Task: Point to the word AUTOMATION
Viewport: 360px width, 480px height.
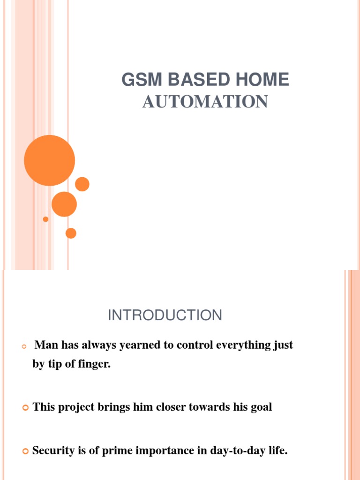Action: [x=205, y=102]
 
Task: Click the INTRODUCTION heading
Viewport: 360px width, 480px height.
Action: [x=165, y=315]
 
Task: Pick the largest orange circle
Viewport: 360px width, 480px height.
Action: [x=49, y=160]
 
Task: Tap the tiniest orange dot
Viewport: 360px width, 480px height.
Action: [x=45, y=219]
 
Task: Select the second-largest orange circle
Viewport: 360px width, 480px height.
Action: [x=64, y=204]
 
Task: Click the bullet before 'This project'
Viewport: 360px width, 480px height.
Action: [x=26, y=408]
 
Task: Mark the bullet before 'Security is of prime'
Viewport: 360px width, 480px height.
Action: [x=26, y=451]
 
